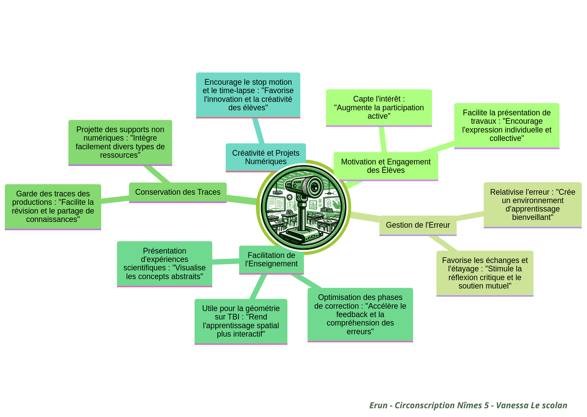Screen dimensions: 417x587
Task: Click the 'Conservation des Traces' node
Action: (178, 192)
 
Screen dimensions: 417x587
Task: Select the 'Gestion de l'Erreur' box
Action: (418, 225)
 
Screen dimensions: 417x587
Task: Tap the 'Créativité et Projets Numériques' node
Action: (266, 157)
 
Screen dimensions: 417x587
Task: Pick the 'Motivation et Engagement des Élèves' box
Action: (386, 166)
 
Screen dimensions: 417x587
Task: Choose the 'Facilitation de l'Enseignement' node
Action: (271, 260)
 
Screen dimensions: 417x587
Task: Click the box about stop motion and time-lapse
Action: (248, 95)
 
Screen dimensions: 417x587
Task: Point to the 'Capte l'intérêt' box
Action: (379, 107)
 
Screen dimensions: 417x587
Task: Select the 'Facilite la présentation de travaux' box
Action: (506, 125)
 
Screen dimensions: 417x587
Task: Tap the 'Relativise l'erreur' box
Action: (532, 204)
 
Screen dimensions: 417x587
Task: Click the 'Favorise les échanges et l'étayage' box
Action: (485, 273)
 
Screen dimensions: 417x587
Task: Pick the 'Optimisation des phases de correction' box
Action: (360, 314)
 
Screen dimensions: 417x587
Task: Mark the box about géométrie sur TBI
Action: (241, 321)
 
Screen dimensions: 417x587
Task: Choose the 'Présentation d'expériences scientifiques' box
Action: (165, 264)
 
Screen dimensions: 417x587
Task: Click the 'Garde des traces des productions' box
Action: (53, 206)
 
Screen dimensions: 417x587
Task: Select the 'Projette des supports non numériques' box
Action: (120, 142)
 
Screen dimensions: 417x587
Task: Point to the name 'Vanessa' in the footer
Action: (512, 405)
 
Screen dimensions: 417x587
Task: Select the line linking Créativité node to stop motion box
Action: (258, 131)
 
